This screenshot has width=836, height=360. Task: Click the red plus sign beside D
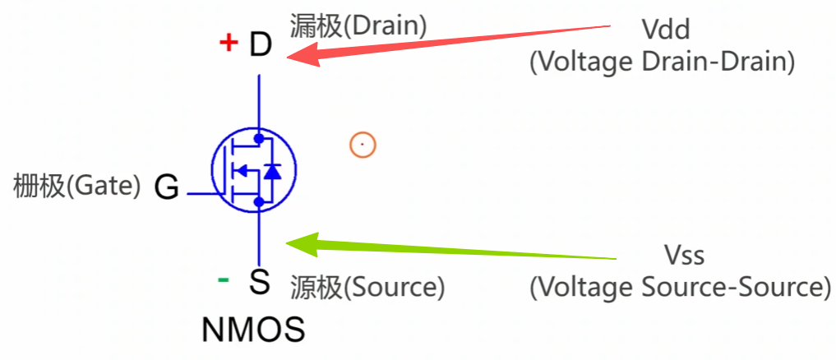point(229,43)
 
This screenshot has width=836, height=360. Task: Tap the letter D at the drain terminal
point(260,45)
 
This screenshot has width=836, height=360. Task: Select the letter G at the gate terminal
point(167,188)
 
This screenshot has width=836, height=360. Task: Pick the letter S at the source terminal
point(260,283)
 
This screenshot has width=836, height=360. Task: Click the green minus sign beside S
point(224,280)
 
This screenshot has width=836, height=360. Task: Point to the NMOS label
point(253,330)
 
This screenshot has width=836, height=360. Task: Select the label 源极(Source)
point(367,287)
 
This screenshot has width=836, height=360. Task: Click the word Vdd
point(666,31)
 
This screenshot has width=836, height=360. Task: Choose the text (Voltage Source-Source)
point(679,287)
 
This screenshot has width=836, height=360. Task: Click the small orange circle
point(362,145)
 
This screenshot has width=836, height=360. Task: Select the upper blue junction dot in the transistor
point(259,138)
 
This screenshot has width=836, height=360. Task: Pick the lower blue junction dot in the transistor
point(259,201)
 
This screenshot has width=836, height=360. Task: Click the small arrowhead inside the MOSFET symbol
point(240,171)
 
